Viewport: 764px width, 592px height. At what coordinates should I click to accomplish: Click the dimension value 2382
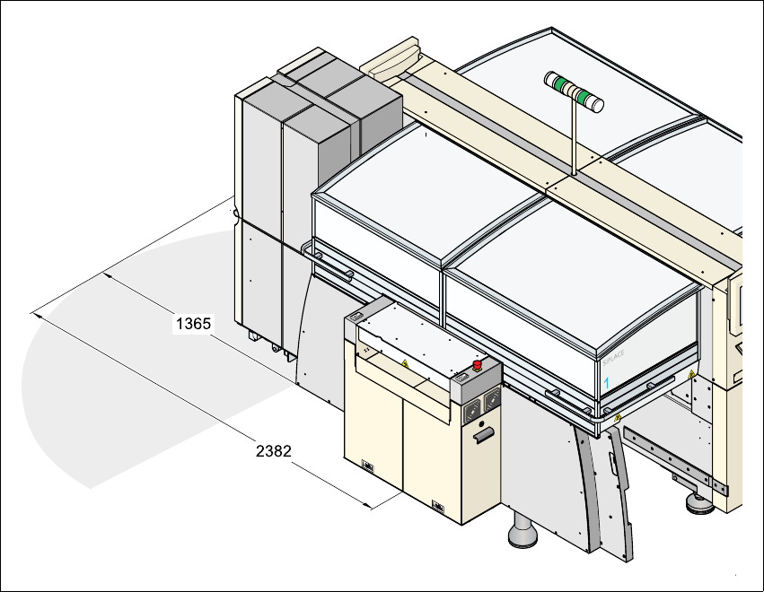pos(273,451)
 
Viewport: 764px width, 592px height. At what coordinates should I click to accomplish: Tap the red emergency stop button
pos(478,365)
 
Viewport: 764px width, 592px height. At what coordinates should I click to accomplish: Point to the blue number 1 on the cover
pos(607,383)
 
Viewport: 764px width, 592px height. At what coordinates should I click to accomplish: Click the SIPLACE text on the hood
pos(613,357)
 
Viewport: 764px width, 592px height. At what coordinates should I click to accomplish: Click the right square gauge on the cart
pos(491,401)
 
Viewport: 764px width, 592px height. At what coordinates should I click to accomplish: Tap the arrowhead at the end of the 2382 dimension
pos(370,507)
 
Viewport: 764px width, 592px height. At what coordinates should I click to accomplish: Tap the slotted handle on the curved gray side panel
pos(612,466)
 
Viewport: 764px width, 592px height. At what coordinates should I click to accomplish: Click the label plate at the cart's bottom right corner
pos(439,507)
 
